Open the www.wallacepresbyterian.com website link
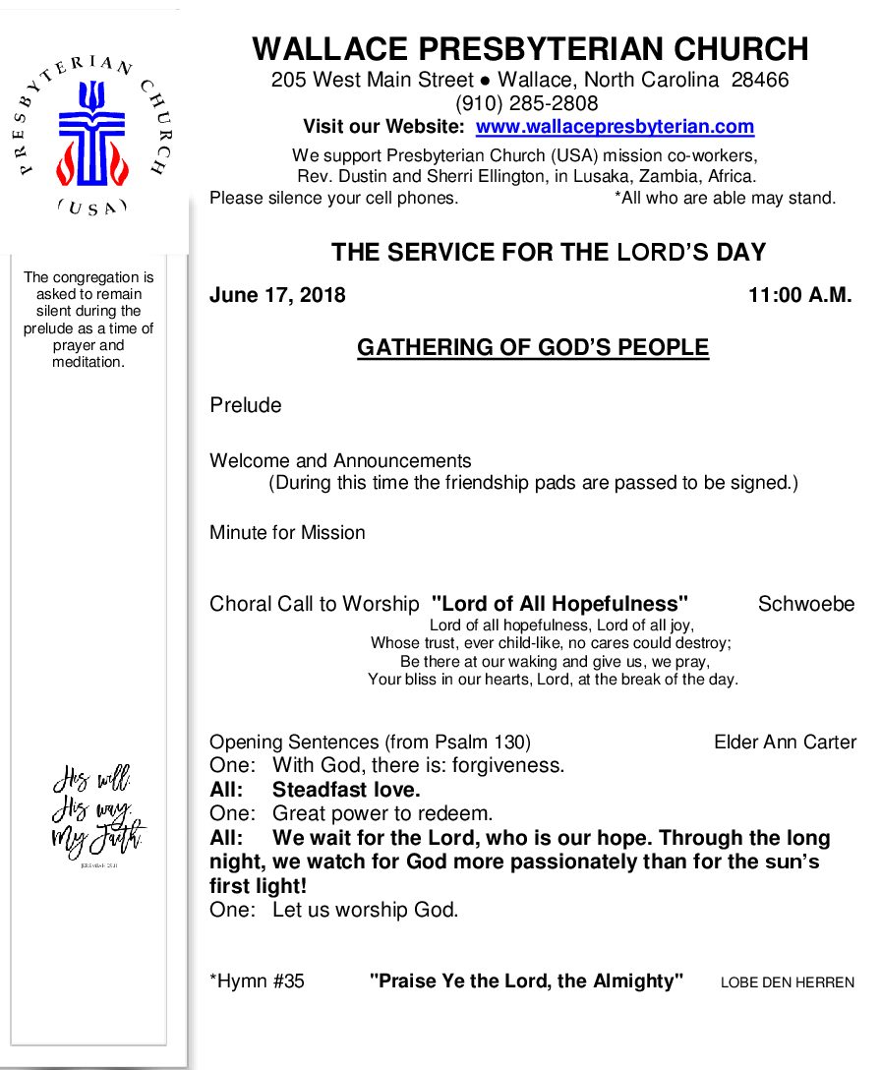(x=615, y=127)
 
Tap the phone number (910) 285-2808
(x=526, y=103)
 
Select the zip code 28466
(x=760, y=80)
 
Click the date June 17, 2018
(x=277, y=295)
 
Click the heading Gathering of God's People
(x=532, y=347)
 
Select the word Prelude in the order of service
(x=245, y=405)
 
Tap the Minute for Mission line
(x=287, y=533)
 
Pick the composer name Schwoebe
(x=806, y=604)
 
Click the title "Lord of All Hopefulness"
(x=559, y=604)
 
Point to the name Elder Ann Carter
(x=785, y=743)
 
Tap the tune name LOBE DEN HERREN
(x=788, y=982)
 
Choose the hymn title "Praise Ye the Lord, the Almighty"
(x=526, y=981)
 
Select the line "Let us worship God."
(x=365, y=910)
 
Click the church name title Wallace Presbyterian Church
(x=530, y=49)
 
